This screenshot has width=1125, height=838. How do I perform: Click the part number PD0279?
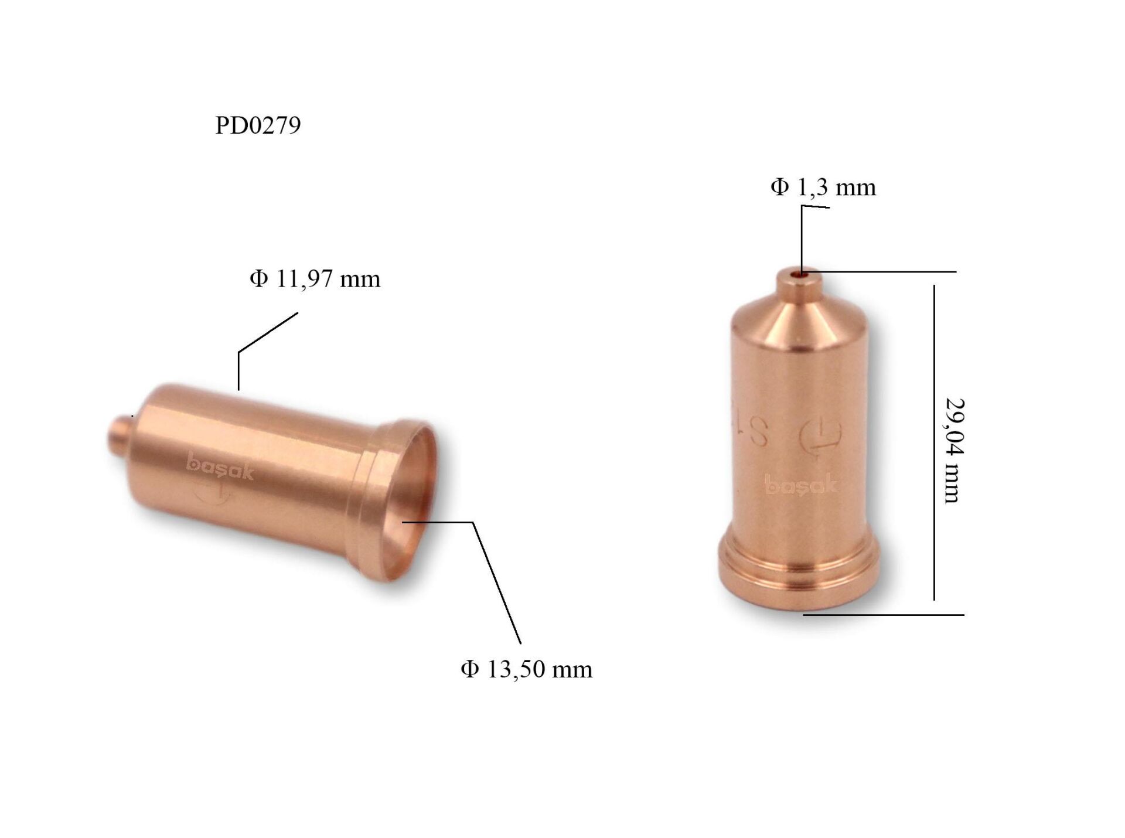(x=258, y=125)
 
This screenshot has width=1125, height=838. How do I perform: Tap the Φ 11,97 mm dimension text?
(x=315, y=278)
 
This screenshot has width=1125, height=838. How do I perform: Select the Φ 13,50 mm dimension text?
(x=526, y=669)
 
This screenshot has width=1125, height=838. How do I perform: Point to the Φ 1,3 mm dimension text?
(x=823, y=187)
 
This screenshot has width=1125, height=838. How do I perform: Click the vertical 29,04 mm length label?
(x=954, y=450)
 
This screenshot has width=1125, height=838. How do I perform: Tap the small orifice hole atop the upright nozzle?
(x=801, y=273)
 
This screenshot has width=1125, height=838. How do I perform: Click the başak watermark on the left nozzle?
(x=220, y=468)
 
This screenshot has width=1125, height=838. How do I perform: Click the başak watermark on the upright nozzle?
(x=800, y=485)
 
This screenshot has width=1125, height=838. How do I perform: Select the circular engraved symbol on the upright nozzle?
(x=820, y=434)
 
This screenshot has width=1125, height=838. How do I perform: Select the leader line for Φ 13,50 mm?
(x=495, y=580)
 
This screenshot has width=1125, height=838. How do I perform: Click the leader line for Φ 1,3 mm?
(x=802, y=234)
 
